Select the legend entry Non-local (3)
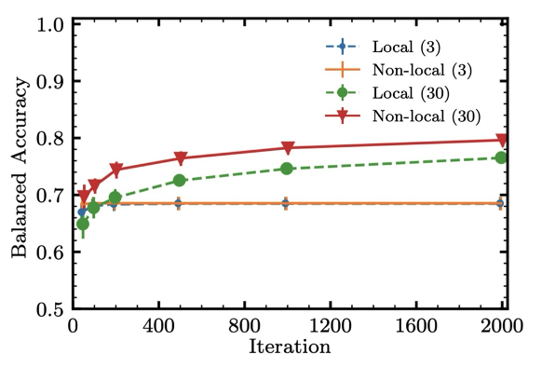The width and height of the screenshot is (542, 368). (413, 69)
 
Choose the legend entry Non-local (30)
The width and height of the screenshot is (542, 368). (418, 116)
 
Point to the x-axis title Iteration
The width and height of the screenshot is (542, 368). (290, 348)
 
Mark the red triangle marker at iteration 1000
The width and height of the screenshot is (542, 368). (288, 148)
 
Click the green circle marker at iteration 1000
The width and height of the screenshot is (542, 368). (287, 169)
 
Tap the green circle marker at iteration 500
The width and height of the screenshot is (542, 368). (180, 180)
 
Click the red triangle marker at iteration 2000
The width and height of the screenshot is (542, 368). (501, 140)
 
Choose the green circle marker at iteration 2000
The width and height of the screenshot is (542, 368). (501, 157)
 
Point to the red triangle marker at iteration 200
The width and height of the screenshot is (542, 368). (116, 170)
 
